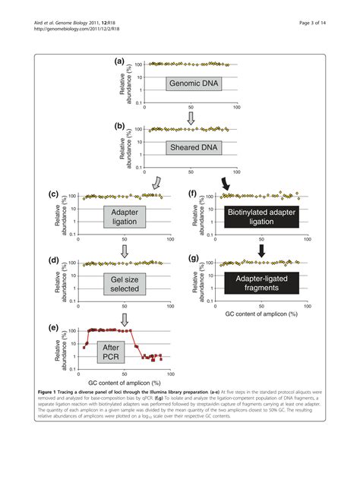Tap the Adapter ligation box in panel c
[x=125, y=217]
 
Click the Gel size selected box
[x=125, y=282]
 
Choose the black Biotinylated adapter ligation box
[x=261, y=217]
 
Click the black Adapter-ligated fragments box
[x=261, y=282]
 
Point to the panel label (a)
[x=119, y=61]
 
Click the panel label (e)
[x=54, y=327]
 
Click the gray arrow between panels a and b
[x=191, y=118]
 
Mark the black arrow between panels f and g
[x=261, y=249]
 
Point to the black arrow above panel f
[x=226, y=183]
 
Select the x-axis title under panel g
[x=261, y=313]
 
